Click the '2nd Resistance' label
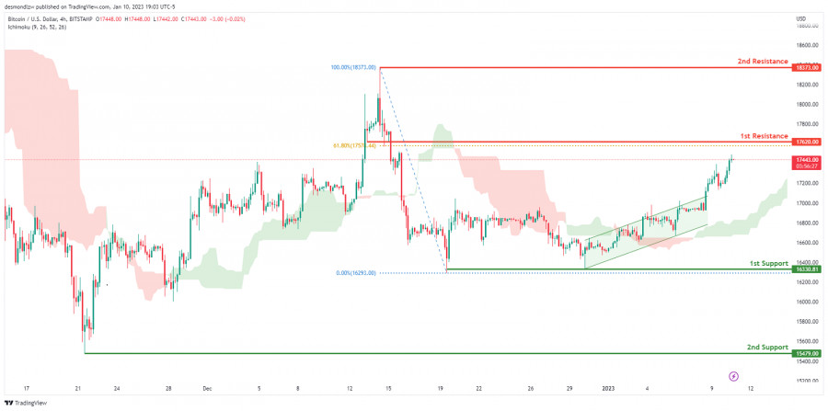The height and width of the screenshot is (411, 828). coord(763,61)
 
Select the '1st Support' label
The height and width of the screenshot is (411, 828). coord(767,263)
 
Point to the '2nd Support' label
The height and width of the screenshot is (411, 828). coord(766,347)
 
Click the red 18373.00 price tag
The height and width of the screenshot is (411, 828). coord(808,67)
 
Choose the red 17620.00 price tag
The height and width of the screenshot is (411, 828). coord(808,142)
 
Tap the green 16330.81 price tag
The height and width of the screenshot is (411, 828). coord(808,269)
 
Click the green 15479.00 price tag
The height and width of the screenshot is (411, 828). coord(808,353)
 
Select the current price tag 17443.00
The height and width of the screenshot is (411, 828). coord(808,159)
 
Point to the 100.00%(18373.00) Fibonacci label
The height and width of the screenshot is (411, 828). coord(353,67)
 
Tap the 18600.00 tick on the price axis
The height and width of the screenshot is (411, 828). coord(809,45)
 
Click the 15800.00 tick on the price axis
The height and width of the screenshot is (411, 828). coord(809,321)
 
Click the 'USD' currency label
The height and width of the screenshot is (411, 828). coord(800,18)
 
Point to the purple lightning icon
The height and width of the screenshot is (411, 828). coord(733,375)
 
